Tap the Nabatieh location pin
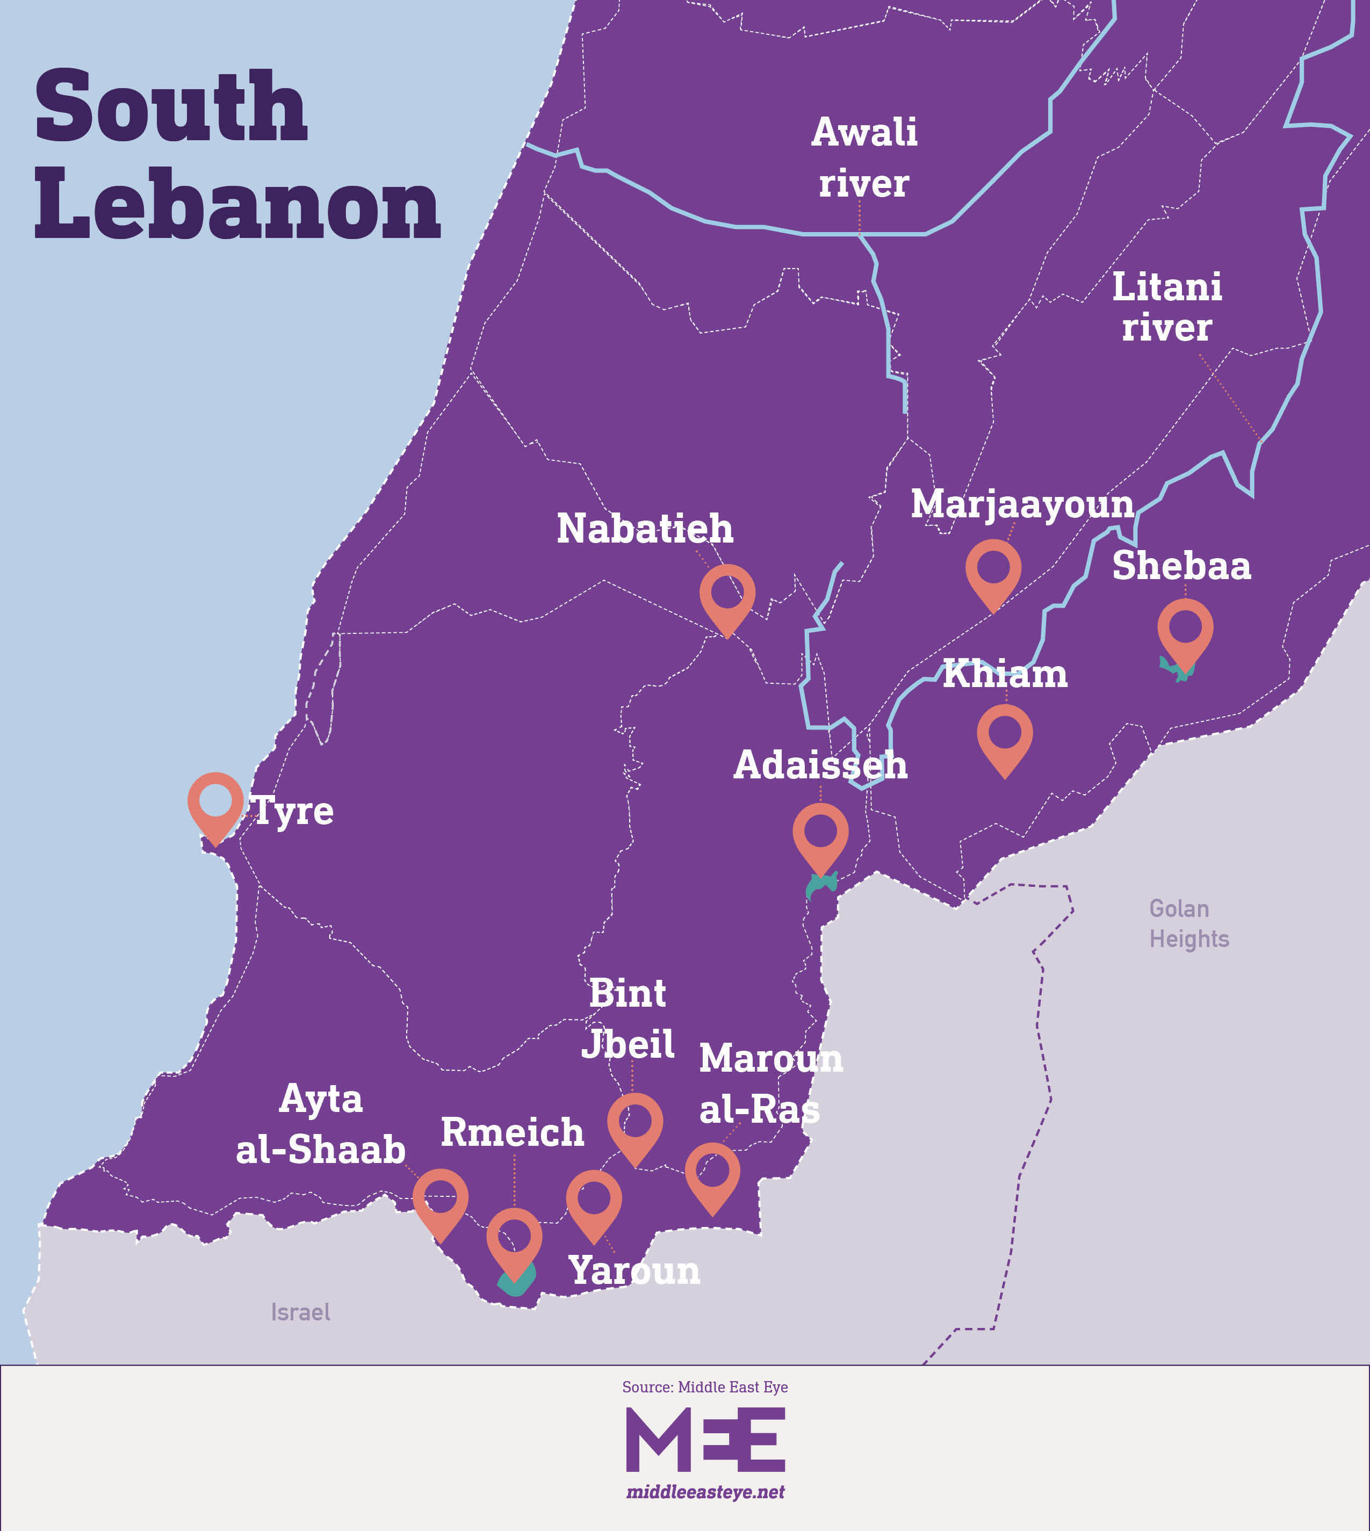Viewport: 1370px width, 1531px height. coord(727,595)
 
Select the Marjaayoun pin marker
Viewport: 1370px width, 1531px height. coord(993,569)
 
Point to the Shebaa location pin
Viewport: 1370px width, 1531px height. coord(1185,629)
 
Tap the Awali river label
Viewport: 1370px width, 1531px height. coord(864,158)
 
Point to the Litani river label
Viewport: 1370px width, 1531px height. coord(1167,307)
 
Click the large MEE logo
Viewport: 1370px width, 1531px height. coord(705,1440)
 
